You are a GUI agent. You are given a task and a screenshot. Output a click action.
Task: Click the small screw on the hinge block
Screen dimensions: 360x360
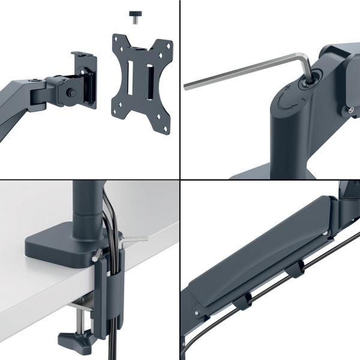tap(350, 110)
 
